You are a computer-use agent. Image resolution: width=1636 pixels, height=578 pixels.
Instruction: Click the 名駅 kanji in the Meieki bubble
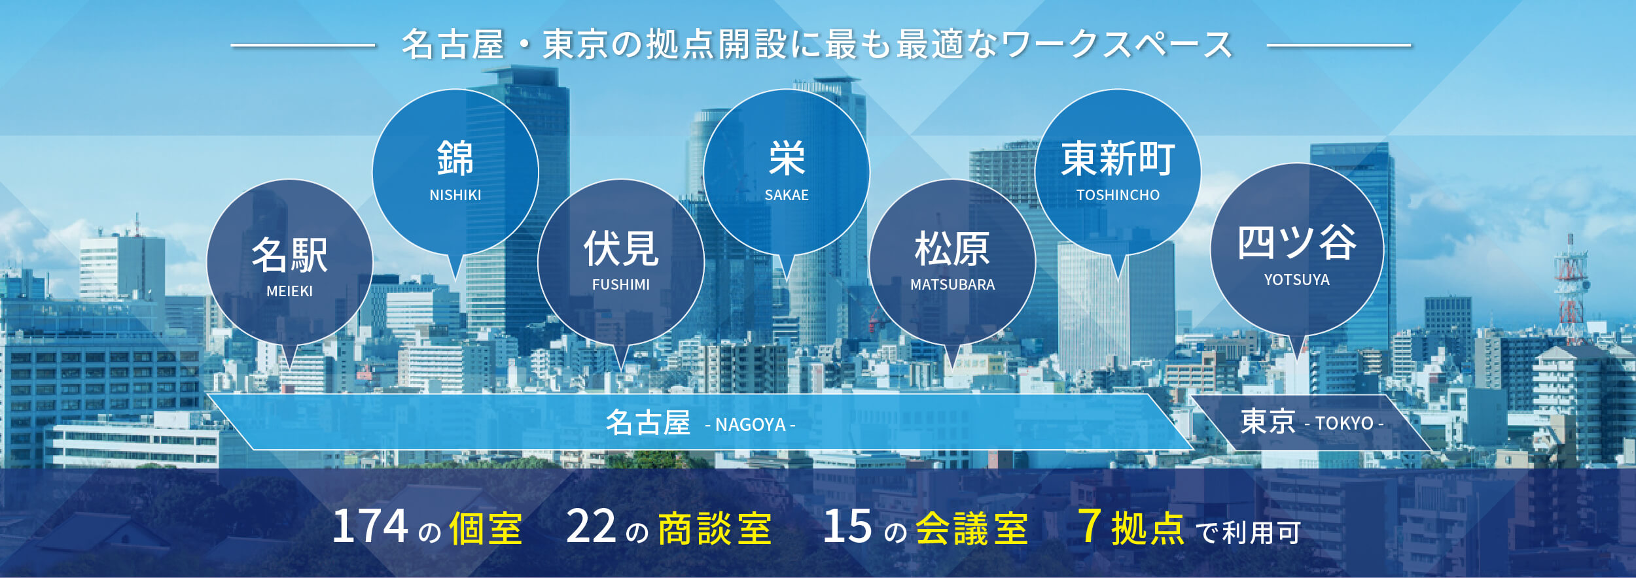click(290, 255)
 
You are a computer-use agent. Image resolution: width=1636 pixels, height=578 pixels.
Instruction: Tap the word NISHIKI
click(455, 195)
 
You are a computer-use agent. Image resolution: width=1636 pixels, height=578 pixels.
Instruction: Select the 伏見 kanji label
click(621, 248)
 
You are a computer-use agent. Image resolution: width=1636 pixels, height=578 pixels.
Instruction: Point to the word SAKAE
click(787, 195)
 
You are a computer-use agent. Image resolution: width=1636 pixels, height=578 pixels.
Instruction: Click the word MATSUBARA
click(952, 284)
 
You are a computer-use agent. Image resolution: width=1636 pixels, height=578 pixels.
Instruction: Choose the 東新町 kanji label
click(1118, 159)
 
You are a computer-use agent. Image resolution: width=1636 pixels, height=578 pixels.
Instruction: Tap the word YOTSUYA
click(1297, 280)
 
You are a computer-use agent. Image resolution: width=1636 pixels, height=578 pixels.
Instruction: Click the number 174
click(370, 526)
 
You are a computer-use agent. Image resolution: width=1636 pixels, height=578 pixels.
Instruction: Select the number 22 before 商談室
click(591, 526)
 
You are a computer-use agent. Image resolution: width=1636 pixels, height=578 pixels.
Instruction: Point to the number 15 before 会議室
click(847, 526)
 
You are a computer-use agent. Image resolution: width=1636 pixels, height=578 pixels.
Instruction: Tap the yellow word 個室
click(486, 528)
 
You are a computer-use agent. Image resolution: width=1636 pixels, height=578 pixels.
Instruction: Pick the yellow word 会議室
click(972, 528)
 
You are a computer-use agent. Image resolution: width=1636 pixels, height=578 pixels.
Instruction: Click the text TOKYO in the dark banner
click(1344, 424)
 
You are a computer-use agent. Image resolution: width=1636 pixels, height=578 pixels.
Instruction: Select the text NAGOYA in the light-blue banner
click(751, 425)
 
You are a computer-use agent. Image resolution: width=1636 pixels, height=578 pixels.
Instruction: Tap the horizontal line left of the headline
click(303, 46)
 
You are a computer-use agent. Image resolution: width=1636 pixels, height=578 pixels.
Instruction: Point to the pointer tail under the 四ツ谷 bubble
click(1297, 347)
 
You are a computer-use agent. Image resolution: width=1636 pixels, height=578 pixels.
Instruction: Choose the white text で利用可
click(1248, 533)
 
